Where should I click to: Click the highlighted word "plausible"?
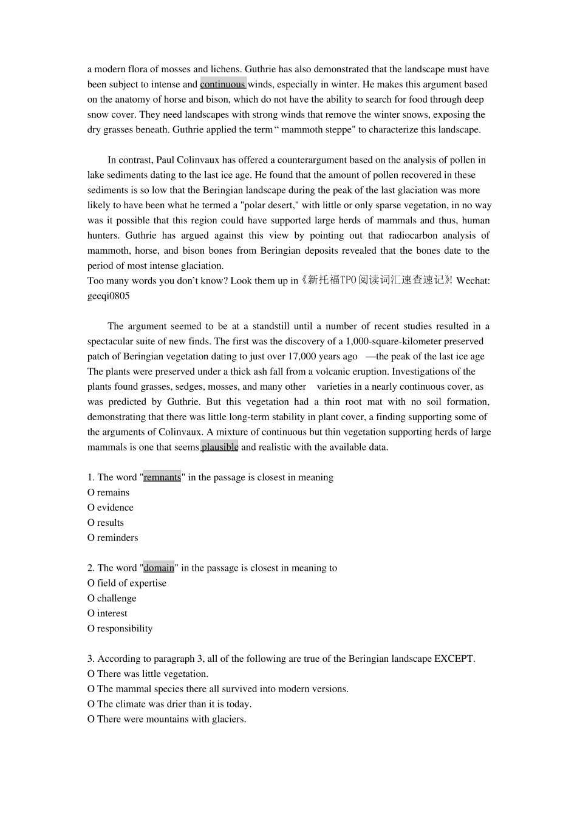tap(219, 447)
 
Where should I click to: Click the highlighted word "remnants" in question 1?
tap(162, 478)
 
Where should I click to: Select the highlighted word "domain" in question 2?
tap(159, 568)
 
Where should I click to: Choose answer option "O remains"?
tap(108, 492)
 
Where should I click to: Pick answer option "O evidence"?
tap(110, 508)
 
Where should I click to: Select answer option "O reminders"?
tap(112, 538)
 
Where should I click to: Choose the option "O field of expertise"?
tap(126, 583)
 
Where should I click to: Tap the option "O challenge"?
tap(112, 599)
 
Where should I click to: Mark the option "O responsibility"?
tap(120, 629)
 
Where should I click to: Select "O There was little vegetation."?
tap(148, 674)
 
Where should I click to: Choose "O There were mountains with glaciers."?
tap(166, 719)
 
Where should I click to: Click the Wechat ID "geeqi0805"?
tap(108, 296)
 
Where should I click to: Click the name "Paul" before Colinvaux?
tap(165, 160)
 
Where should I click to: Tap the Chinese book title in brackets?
tap(376, 280)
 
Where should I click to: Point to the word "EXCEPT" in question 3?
tap(454, 659)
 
